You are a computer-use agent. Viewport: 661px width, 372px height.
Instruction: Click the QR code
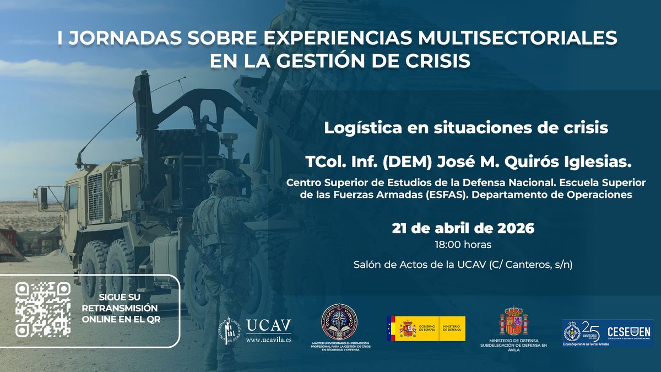43,309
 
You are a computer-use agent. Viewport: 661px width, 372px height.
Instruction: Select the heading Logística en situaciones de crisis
465,128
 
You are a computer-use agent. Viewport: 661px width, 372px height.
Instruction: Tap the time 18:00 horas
463,244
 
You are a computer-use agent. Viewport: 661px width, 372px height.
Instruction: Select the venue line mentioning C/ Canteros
463,265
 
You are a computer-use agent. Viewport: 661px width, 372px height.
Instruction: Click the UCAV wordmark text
268,325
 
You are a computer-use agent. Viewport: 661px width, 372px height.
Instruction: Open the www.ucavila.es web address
268,339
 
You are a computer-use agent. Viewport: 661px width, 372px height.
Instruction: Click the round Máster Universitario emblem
339,321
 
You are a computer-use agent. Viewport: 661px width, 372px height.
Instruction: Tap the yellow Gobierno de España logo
426,328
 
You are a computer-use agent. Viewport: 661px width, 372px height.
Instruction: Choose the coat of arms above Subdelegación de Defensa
513,322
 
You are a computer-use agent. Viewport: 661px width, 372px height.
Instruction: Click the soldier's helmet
222,177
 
